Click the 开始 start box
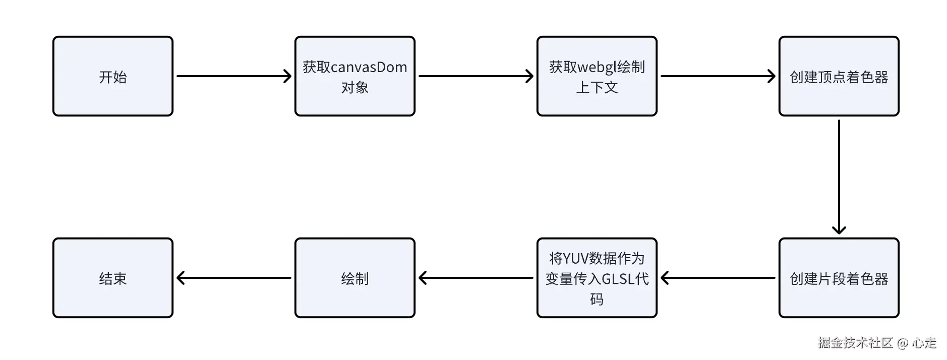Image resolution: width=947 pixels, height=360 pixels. (113, 76)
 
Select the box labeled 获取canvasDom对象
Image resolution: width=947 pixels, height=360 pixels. (355, 76)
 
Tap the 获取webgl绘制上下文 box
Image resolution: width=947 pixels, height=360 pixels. (597, 76)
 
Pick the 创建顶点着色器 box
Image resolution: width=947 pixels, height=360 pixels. (839, 76)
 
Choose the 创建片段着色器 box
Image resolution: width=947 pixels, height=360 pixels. (839, 278)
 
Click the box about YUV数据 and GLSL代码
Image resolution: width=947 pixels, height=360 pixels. (597, 278)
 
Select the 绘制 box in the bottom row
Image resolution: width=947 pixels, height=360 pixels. (355, 278)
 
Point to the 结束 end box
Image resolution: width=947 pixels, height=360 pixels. (113, 278)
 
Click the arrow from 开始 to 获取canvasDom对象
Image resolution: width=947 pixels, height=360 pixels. (234, 76)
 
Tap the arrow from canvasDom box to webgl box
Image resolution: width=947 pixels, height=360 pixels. (476, 76)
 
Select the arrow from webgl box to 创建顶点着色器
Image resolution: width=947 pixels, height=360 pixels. (718, 76)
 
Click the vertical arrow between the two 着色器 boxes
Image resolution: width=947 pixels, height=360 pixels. (839, 177)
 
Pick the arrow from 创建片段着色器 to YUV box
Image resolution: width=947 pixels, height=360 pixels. (718, 278)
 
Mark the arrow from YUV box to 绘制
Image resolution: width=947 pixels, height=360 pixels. (476, 278)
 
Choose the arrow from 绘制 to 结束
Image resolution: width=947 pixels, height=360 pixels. (234, 278)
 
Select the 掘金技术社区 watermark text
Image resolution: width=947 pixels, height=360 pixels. (855, 343)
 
